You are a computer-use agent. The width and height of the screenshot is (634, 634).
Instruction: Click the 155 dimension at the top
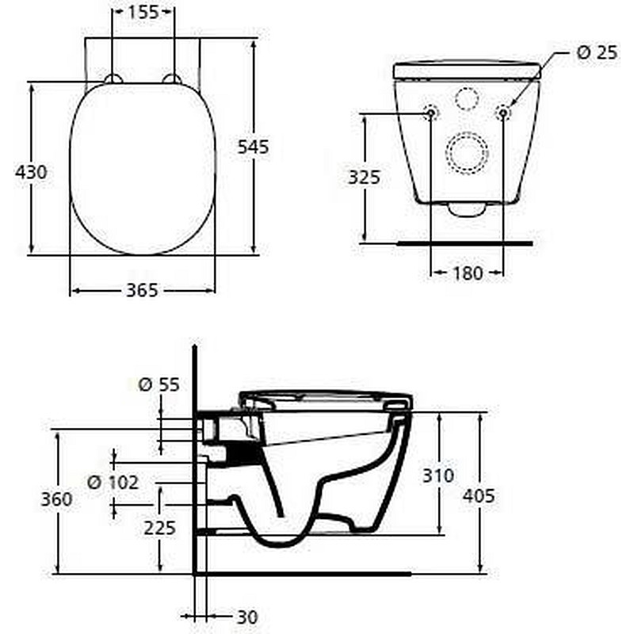[x=143, y=12]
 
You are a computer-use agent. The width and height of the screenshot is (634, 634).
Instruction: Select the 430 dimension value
[x=31, y=172]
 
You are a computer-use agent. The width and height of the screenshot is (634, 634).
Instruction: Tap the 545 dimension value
[x=253, y=147]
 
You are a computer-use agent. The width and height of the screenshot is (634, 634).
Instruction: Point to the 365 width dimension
[x=142, y=290]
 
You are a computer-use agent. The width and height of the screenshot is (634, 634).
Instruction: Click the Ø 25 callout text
[x=598, y=52]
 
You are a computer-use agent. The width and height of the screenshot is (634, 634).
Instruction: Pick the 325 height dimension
[x=365, y=177]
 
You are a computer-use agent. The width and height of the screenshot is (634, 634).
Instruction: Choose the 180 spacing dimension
[x=468, y=273]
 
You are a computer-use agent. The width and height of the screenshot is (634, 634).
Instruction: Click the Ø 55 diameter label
[x=159, y=384]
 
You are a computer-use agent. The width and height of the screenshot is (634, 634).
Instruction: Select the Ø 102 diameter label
[x=113, y=482]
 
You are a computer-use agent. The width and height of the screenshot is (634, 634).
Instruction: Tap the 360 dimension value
[x=56, y=499]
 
